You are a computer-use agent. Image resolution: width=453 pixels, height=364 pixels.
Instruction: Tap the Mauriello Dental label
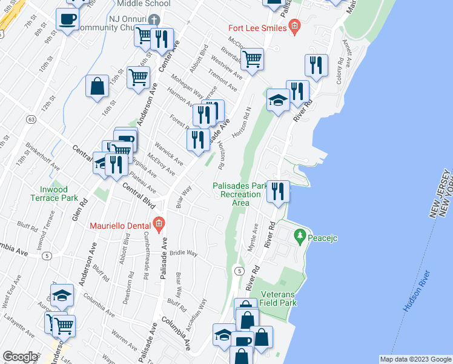pos(119,226)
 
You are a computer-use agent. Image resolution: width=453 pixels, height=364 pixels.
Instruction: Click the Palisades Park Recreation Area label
pos(240,194)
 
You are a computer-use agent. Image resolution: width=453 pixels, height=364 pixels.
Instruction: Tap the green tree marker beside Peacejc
pos(299,235)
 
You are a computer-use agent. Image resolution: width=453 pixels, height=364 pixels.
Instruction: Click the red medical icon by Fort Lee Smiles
pos(295,26)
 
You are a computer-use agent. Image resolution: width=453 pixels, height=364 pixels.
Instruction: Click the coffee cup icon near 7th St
pos(67,19)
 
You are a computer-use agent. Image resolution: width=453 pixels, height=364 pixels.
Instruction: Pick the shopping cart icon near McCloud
pos(252,59)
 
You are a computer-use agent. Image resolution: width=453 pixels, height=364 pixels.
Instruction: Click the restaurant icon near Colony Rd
pos(316,65)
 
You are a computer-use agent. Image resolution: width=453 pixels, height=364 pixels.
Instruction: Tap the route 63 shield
pos(31,120)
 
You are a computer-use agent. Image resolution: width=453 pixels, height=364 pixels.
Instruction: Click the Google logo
pos(19,357)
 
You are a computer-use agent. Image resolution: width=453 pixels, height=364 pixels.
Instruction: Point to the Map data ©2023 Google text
pos(415,359)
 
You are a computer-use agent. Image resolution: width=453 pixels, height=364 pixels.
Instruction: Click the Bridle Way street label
pos(184,252)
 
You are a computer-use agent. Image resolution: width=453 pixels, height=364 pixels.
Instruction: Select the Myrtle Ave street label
pos(253,238)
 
